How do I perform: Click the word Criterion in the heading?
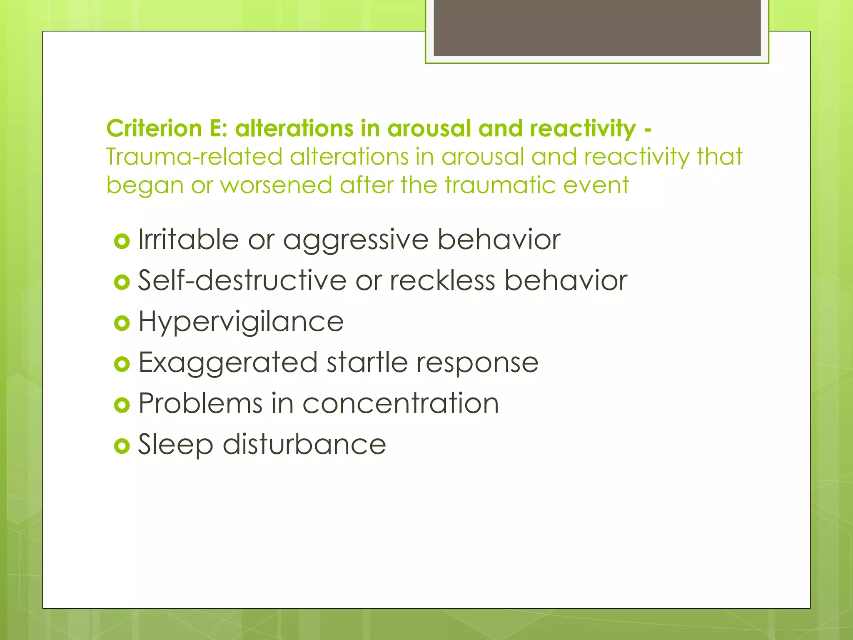coord(154,128)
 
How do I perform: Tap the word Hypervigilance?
coord(241,322)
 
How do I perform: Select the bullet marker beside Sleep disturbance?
coord(122,446)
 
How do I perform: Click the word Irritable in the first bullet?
coord(188,240)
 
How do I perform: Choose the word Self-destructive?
coord(242,280)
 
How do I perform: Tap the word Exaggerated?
coord(228,362)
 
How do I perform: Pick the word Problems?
coord(200,403)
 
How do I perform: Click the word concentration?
coord(400,403)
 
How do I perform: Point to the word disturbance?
coord(304,444)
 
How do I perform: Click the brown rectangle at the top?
coord(597,27)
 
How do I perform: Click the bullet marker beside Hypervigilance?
coord(122,323)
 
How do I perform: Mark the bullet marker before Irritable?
coord(122,241)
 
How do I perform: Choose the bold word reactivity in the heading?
coord(583,128)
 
